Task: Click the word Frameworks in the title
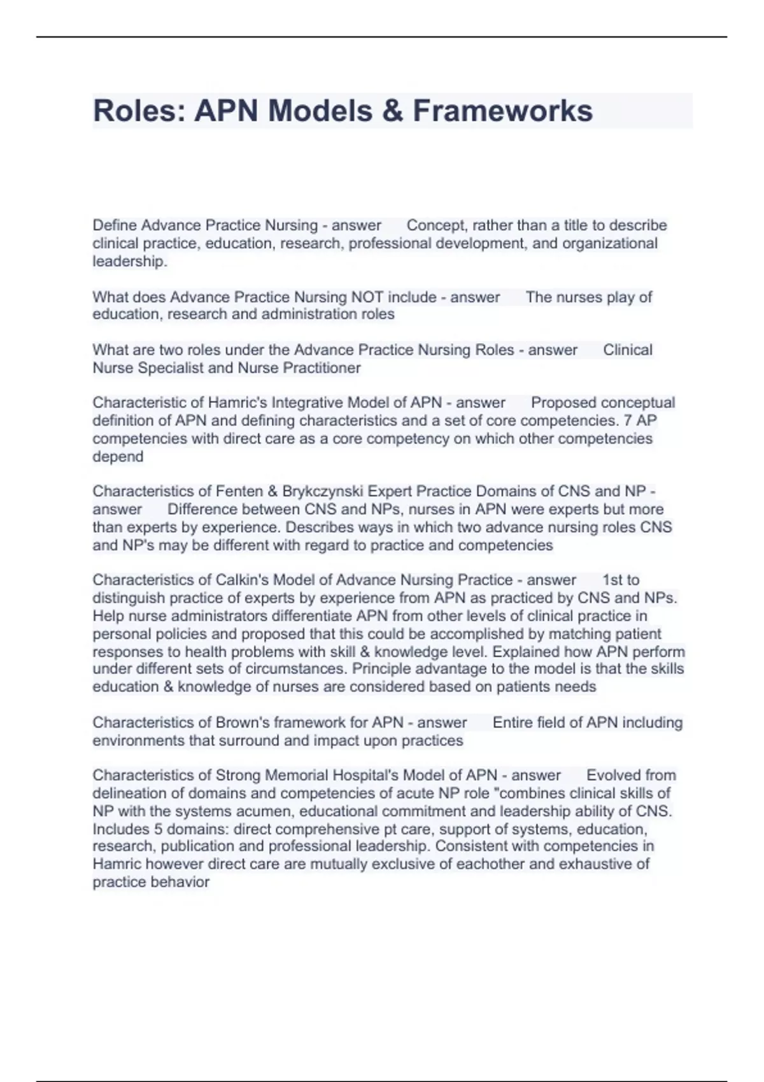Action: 503,111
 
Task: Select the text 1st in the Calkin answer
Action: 611,580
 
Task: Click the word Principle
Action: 379,669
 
